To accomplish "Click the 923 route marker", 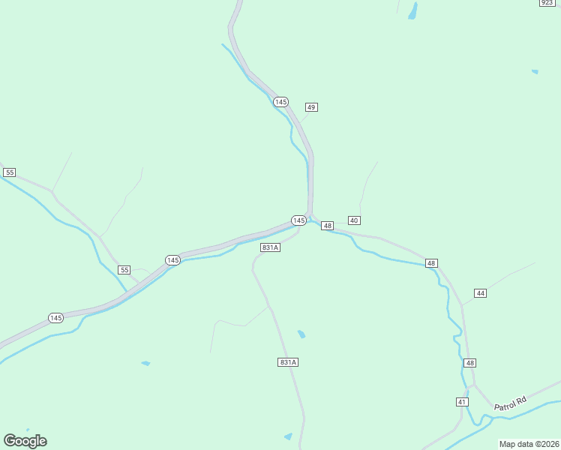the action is click(547, 3).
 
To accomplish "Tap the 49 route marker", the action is click(311, 107).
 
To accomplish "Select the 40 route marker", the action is click(354, 220).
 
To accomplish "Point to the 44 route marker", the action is click(480, 292).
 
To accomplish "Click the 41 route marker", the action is click(462, 402).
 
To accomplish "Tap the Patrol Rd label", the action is click(511, 403).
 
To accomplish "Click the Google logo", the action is click(25, 441).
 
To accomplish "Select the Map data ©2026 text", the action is click(529, 444).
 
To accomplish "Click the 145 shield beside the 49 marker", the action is click(280, 101).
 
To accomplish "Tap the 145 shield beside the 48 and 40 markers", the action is click(298, 220).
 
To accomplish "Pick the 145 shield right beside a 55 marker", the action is click(172, 260).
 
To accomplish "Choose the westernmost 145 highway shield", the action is click(55, 318).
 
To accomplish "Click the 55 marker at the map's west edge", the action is click(9, 172).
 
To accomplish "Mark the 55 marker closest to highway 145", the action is click(124, 270).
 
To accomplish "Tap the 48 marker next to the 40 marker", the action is click(327, 226).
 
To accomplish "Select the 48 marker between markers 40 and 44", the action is click(430, 263).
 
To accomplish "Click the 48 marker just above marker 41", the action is click(469, 363).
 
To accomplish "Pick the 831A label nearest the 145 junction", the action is click(270, 247).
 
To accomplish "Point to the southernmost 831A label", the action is click(288, 362).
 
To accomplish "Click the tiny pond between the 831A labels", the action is click(301, 334).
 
